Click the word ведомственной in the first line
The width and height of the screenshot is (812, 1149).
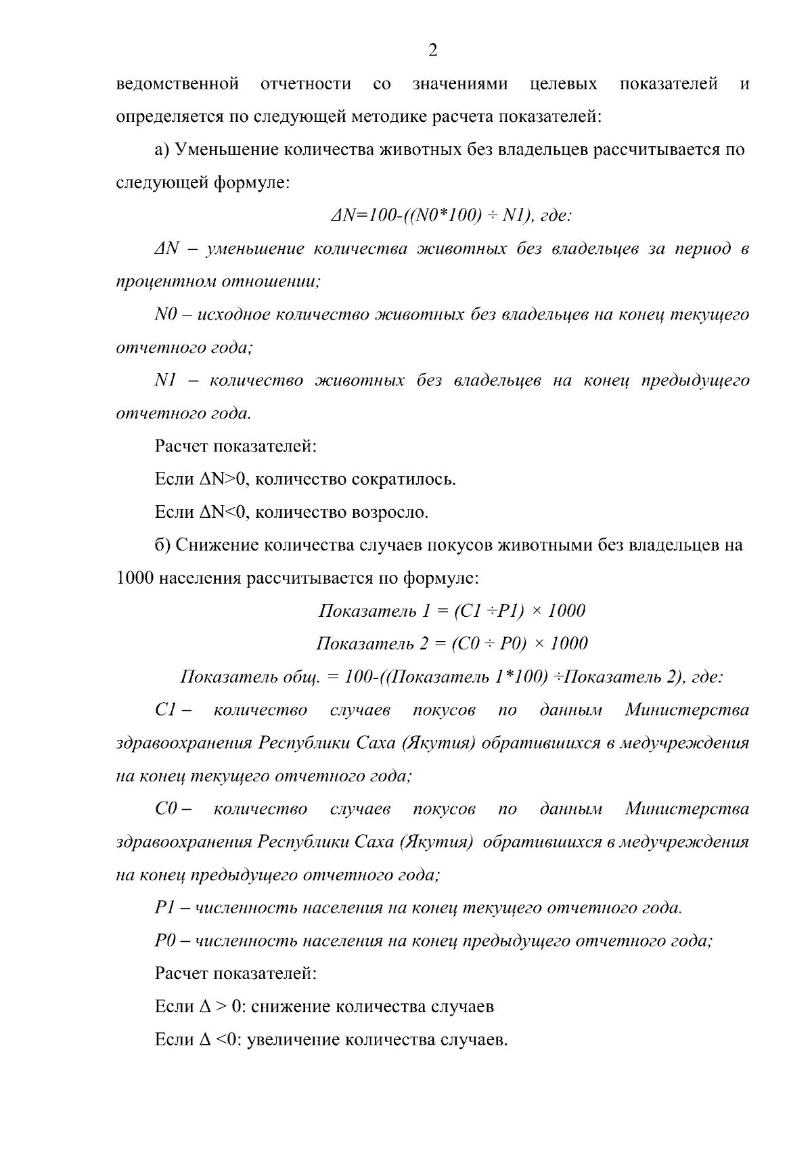[178, 85]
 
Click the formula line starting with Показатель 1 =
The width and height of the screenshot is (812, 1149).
[451, 611]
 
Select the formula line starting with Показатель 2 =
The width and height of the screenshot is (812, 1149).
[451, 644]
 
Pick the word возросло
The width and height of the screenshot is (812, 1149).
[388, 513]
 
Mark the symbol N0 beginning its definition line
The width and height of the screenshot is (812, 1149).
[166, 315]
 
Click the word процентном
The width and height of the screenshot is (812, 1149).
[166, 282]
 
